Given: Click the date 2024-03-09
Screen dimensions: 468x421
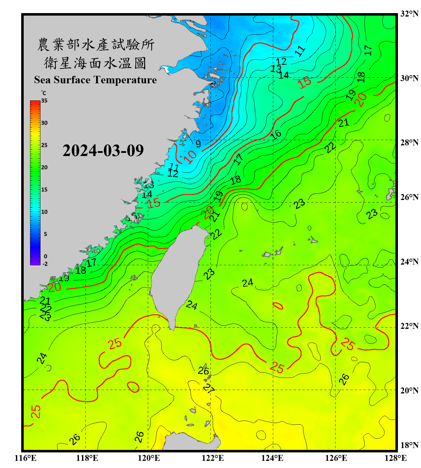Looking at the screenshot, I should pyautogui.click(x=103, y=150).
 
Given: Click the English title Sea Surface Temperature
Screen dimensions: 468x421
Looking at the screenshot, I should pyautogui.click(x=95, y=80).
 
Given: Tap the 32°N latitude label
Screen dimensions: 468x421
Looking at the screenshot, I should pyautogui.click(x=409, y=14).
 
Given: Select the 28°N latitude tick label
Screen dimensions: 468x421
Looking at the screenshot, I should pyautogui.click(x=409, y=143).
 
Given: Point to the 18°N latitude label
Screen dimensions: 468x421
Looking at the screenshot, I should pyautogui.click(x=409, y=445).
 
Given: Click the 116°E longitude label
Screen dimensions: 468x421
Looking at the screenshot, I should pyautogui.click(x=26, y=458).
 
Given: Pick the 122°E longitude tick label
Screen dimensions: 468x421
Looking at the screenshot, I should pyautogui.click(x=213, y=458).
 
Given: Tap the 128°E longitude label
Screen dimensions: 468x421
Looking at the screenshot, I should pyautogui.click(x=395, y=458).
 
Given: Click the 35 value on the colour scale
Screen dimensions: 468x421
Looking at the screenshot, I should pyautogui.click(x=44, y=101).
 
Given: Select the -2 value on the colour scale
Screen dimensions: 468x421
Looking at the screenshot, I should pyautogui.click(x=45, y=264).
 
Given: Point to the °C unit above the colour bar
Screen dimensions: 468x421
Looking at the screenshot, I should pyautogui.click(x=44, y=93).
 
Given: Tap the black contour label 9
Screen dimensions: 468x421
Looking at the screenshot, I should pyautogui.click(x=198, y=144).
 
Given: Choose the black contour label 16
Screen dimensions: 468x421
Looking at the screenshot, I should pyautogui.click(x=276, y=135).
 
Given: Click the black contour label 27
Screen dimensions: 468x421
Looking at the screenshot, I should pyautogui.click(x=209, y=388).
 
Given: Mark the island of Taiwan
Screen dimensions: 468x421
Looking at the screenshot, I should pyautogui.click(x=178, y=271).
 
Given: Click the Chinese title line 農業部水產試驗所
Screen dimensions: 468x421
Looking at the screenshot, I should pyautogui.click(x=95, y=45).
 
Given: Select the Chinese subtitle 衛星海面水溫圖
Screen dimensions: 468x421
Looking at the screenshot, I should pyautogui.click(x=95, y=63).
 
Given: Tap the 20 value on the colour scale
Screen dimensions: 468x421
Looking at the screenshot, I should pyautogui.click(x=44, y=167).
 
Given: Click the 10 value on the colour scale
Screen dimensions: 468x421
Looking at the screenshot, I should pyautogui.click(x=44, y=212).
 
